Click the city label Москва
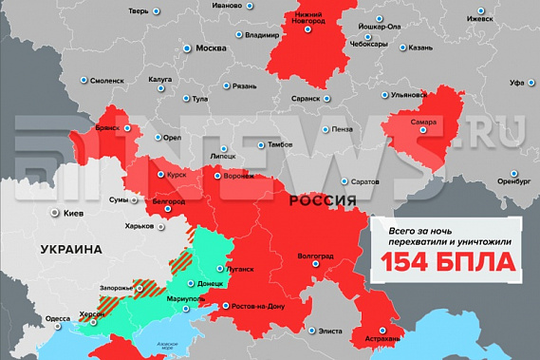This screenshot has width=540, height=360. tap(211, 48)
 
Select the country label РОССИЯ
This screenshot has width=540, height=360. tap(322, 201)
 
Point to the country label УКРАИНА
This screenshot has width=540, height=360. tap(70, 249)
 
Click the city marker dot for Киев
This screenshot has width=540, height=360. tap(55, 214)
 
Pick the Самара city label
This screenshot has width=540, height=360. tap(423, 123)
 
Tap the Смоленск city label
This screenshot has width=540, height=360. tap(106, 81)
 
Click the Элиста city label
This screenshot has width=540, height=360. tap(329, 331)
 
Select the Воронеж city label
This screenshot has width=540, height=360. tap(238, 177)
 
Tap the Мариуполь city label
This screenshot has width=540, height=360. tap(185, 300)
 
